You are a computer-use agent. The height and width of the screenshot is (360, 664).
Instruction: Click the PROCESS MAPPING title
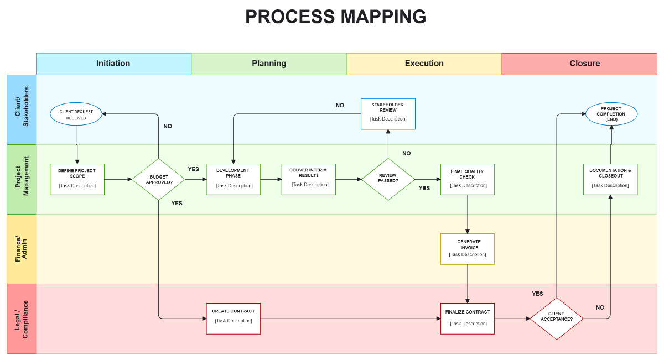coord(335,17)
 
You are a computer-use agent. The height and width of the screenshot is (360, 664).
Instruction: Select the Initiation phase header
coord(113,64)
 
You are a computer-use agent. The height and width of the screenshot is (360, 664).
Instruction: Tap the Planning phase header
coord(269,64)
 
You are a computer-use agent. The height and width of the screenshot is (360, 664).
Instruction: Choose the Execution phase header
coord(424,64)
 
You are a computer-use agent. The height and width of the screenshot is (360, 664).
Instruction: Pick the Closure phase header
coord(579,64)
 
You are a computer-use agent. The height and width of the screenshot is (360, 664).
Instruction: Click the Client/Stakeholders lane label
coord(21,109)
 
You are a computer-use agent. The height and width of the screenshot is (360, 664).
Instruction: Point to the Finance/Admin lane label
coord(21,249)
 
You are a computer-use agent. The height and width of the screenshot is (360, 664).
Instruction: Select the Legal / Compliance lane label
coord(21,319)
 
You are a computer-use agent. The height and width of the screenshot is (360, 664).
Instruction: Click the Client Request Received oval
coord(76,114)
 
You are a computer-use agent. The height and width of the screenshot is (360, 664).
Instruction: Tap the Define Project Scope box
coord(77,179)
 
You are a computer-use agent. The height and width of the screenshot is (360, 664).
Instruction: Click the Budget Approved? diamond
coord(159,179)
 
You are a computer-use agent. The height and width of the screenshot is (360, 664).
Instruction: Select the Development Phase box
coord(233,179)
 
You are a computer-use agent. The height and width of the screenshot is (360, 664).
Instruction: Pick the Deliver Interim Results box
coord(308,179)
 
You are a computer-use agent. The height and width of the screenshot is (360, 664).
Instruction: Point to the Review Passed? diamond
coord(388,179)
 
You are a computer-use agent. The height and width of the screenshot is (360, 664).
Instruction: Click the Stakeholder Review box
coord(388,113)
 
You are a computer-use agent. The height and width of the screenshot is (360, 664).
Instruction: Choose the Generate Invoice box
coord(468,249)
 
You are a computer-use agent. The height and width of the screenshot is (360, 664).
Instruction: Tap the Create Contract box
coord(233,319)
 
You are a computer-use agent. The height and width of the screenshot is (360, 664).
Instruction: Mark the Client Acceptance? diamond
coord(557,319)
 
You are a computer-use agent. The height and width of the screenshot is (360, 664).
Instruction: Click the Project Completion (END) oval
coord(611,114)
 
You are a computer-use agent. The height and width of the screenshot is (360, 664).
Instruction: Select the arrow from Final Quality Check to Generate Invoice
coord(468,214)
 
